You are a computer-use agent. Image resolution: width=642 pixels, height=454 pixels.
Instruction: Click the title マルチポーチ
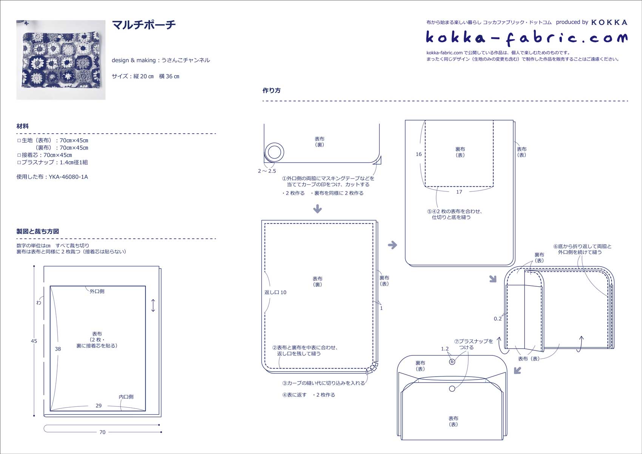pos(144,25)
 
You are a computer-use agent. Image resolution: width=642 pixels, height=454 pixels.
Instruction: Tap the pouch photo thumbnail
pos(61,60)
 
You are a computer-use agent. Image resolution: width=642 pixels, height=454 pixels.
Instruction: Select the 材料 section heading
pos(22,126)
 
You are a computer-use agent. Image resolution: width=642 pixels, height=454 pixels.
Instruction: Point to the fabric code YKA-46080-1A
pos(68,177)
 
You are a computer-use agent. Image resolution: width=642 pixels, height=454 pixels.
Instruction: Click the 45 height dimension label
pos(34,341)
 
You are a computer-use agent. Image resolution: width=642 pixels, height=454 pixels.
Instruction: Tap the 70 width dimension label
pos(102,432)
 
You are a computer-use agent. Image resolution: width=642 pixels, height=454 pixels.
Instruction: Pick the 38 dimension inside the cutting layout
pos(58,349)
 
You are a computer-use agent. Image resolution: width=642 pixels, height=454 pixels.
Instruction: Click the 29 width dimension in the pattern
pos(99,406)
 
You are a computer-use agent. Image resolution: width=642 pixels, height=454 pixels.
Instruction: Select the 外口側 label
pos(97,292)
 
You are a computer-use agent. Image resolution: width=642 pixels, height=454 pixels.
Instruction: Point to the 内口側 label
pos(126,397)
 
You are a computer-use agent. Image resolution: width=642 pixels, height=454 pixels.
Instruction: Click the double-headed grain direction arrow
pos(153,306)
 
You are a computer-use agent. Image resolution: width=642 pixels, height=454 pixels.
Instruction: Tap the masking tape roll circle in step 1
pos(274,153)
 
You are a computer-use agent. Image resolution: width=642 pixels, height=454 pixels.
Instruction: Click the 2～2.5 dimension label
pos(267,171)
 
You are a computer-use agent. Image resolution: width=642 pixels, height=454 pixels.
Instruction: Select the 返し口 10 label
pos(275,292)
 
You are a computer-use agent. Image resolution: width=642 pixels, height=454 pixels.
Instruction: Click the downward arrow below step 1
pos(317,208)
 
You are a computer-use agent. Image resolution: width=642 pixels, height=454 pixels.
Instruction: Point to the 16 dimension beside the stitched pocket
pos(419,154)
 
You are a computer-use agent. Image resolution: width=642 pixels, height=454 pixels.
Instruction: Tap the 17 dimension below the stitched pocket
pos(459,192)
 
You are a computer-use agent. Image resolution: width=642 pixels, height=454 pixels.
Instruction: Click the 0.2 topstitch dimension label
pos(498,319)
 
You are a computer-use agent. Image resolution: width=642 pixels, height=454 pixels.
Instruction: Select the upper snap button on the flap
pos(452,362)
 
